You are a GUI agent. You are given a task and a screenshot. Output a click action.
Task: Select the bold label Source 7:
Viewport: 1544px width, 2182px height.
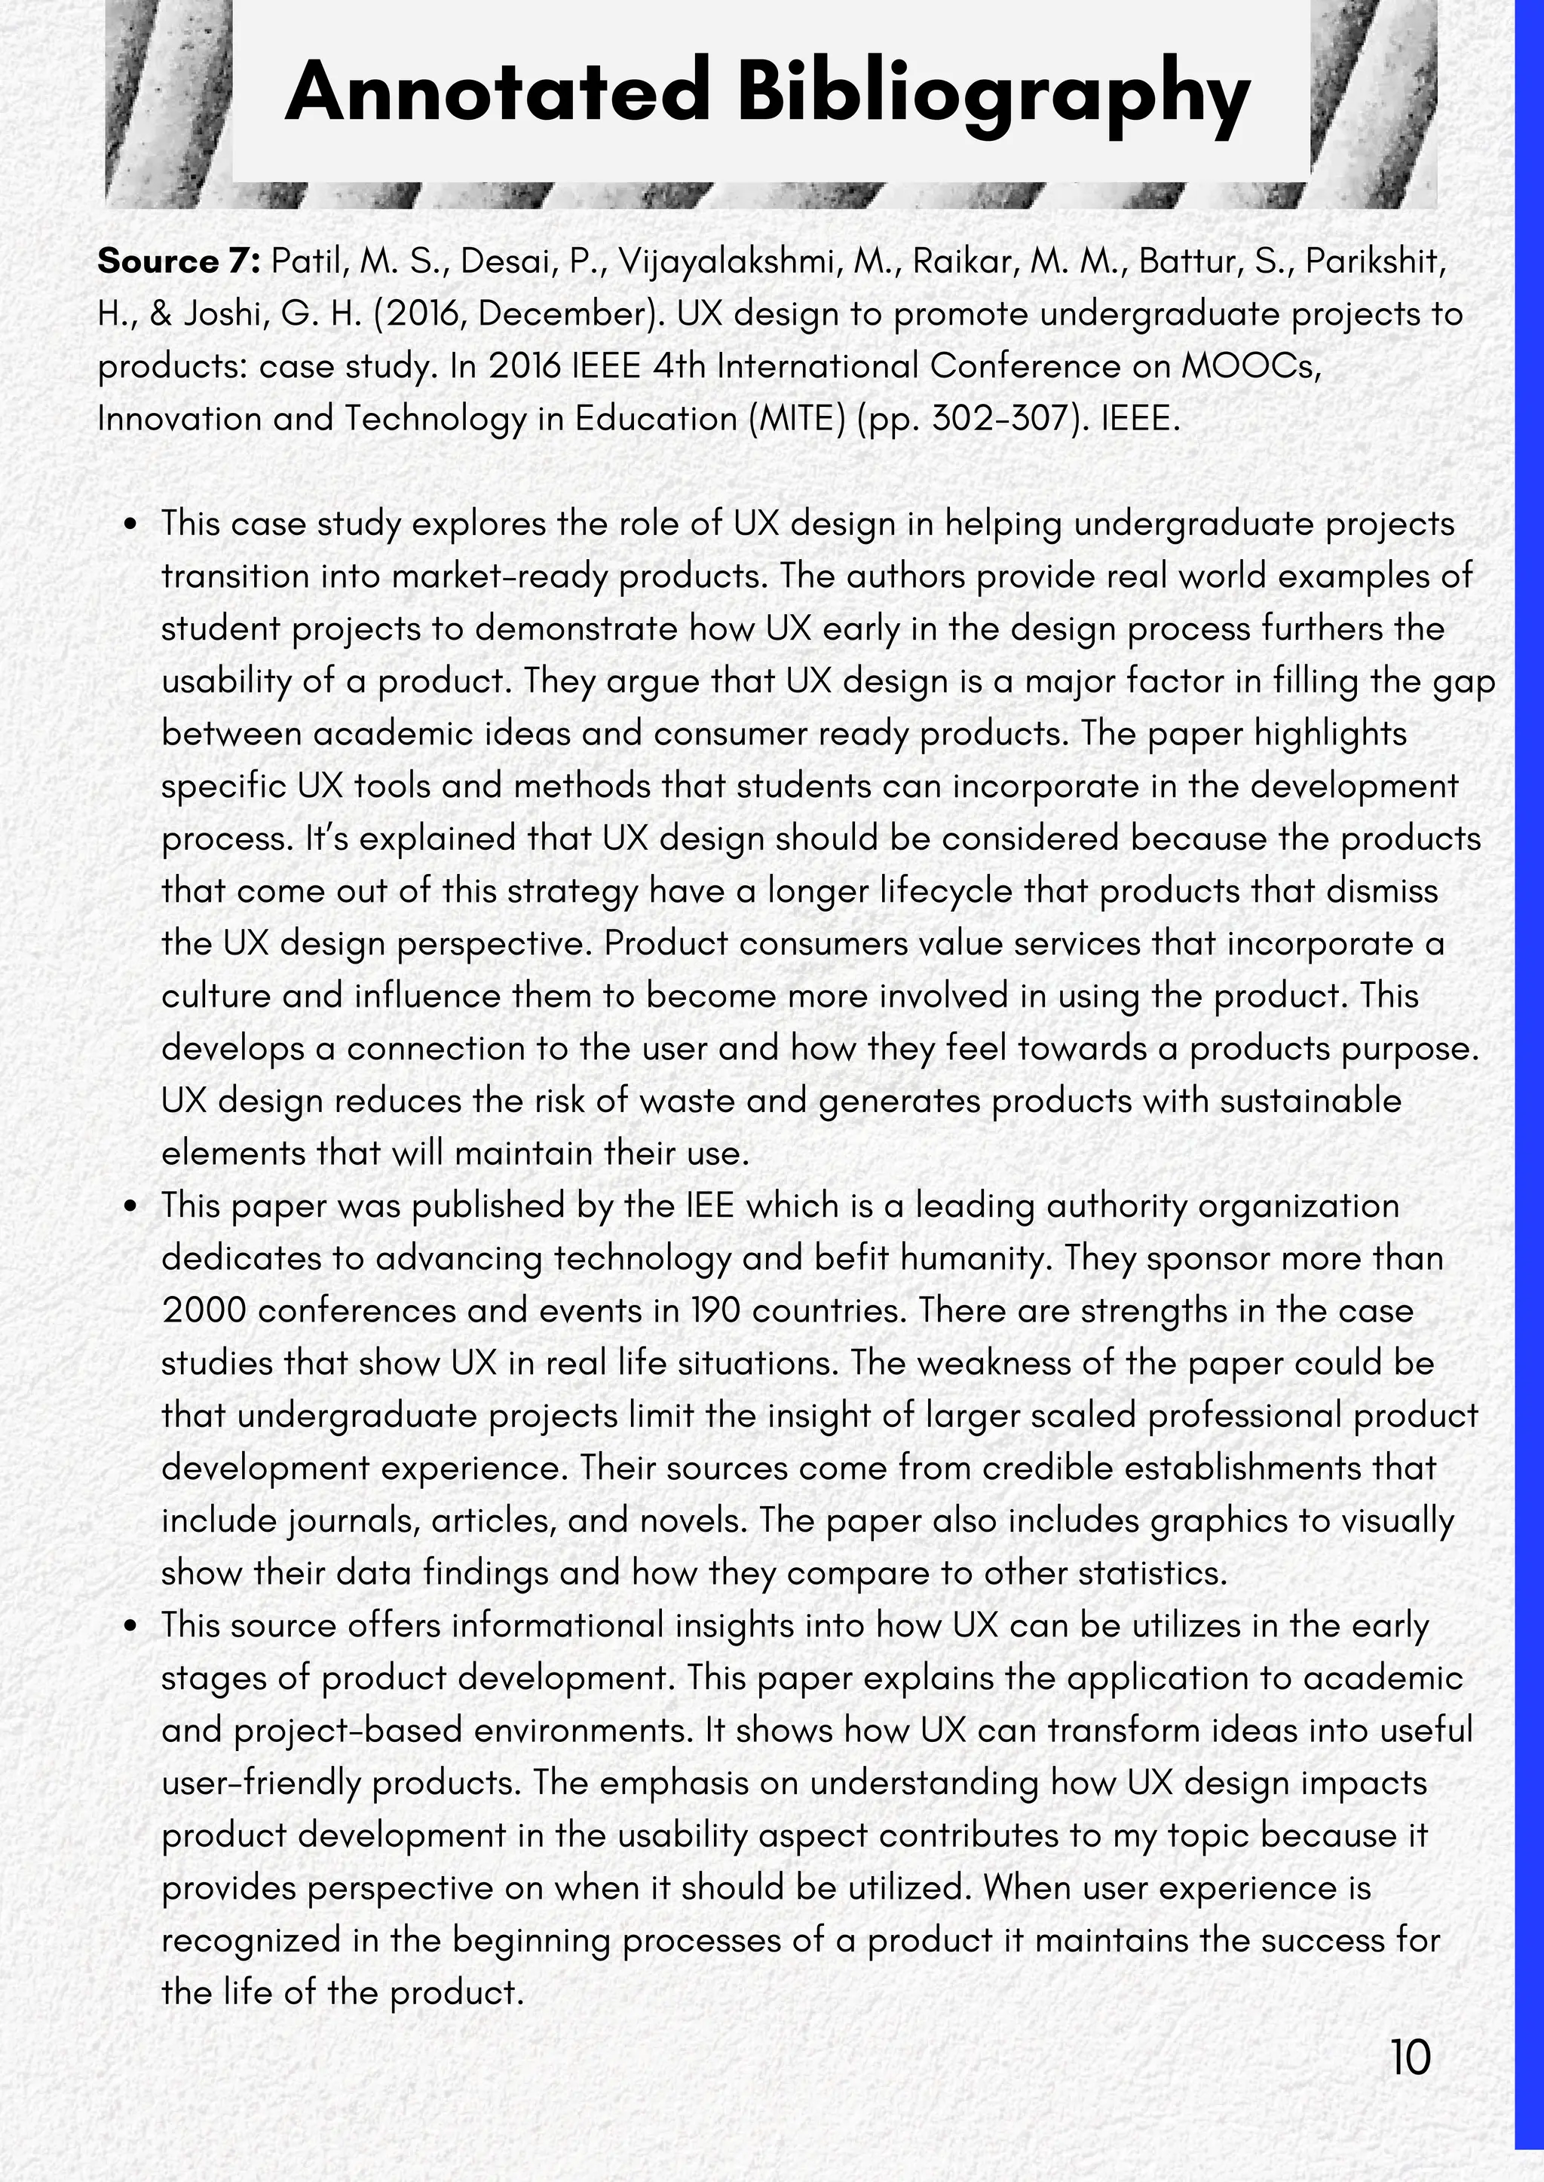(x=179, y=261)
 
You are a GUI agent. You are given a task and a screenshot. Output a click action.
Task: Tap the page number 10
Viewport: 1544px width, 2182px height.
(x=1410, y=2058)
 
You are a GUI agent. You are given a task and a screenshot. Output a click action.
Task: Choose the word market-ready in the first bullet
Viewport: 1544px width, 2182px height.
(x=499, y=577)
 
